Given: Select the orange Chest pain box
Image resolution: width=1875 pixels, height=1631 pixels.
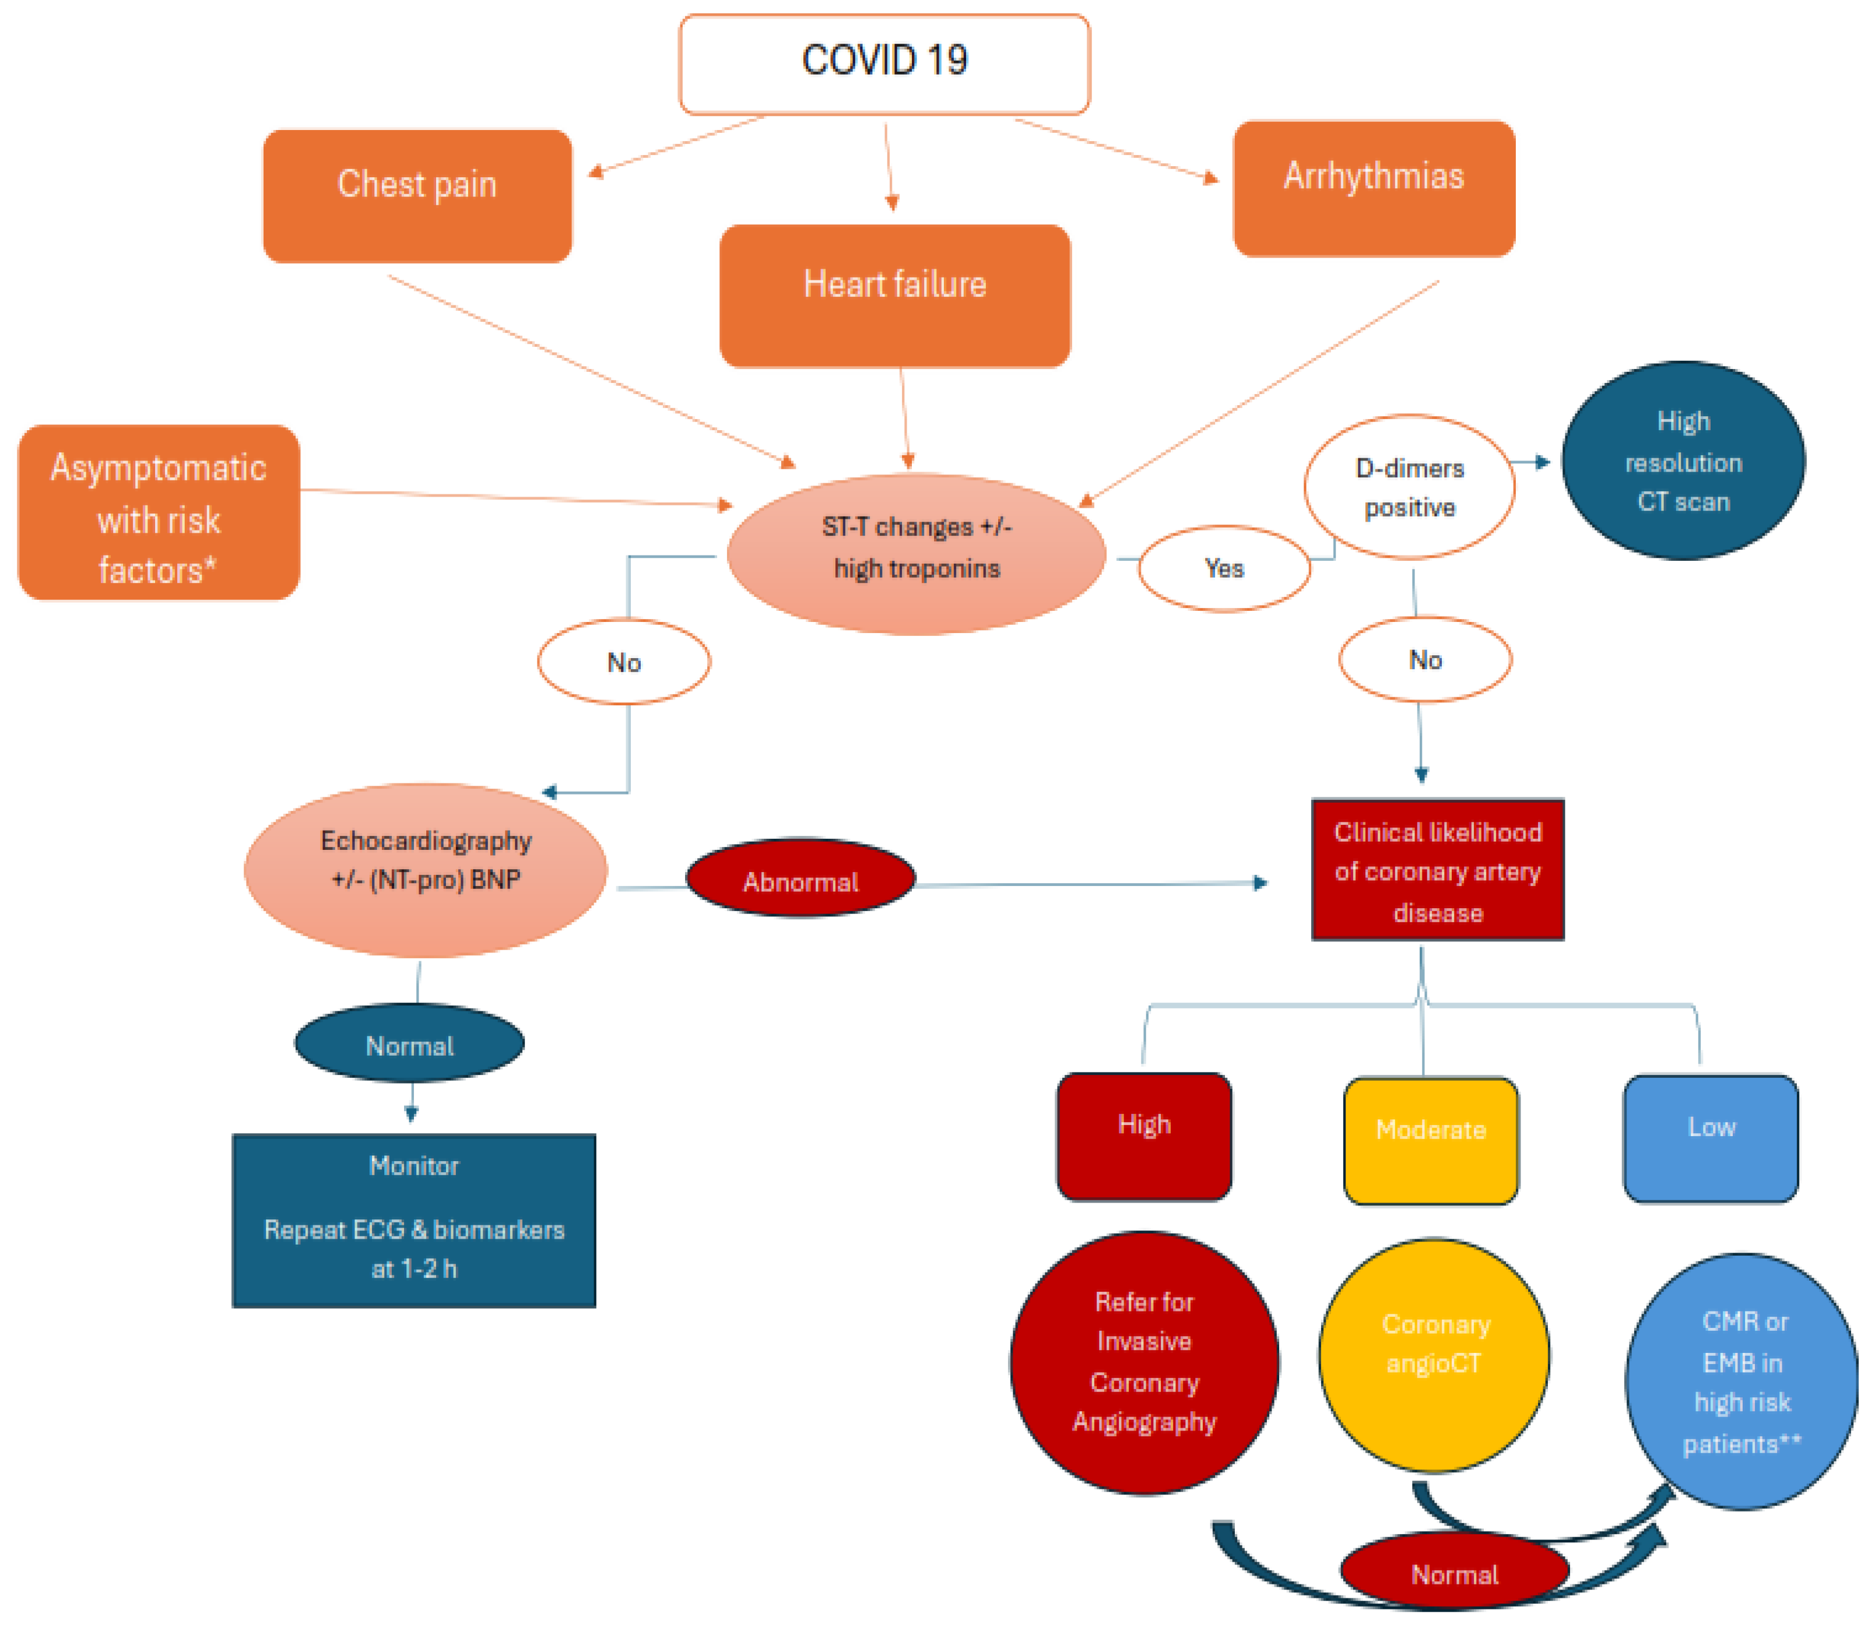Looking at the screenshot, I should point(417,196).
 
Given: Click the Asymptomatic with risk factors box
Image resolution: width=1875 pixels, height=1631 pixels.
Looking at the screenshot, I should point(159,512).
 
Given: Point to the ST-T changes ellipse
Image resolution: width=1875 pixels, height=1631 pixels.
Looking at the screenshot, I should point(916,553).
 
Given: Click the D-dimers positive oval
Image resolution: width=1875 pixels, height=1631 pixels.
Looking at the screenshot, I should point(1409,487).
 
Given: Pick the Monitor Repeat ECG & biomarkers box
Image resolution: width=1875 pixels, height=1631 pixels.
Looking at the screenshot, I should point(413,1219).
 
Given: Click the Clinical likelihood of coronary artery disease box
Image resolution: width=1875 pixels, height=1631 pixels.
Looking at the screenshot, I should point(1437,870).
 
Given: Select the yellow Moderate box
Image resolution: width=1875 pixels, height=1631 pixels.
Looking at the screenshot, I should point(1430,1140).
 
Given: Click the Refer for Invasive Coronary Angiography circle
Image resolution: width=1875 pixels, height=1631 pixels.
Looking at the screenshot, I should point(1143,1362).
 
